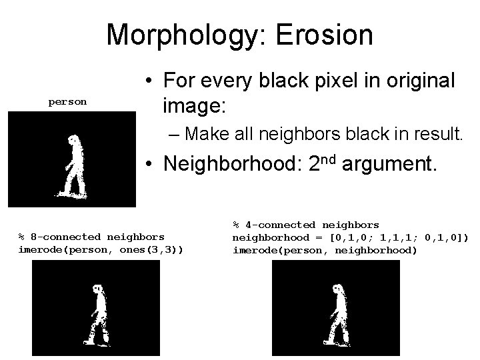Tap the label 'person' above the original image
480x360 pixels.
click(x=67, y=102)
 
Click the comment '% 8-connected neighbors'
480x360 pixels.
click(x=91, y=237)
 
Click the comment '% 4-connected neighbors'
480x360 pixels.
click(x=306, y=225)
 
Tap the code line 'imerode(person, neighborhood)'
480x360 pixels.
click(x=325, y=250)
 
